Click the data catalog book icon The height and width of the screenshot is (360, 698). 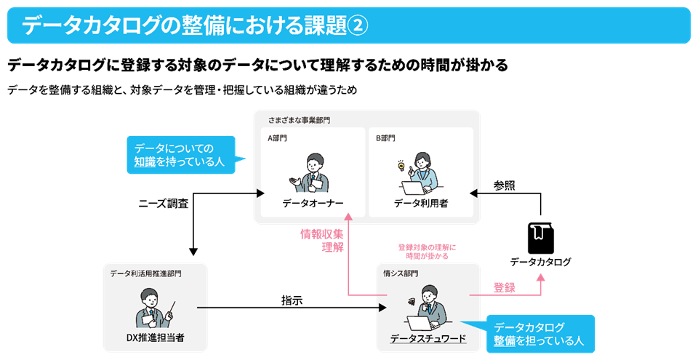(539, 237)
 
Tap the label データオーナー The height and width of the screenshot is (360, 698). (313, 203)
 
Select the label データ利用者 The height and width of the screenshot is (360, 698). (421, 203)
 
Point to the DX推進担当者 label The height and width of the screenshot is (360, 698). (155, 337)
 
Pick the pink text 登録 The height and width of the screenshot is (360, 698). (504, 287)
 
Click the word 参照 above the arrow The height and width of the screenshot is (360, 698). (504, 185)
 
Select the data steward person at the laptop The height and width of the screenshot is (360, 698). (428, 309)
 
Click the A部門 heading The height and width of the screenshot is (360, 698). (278, 138)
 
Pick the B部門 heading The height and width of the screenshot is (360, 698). (387, 138)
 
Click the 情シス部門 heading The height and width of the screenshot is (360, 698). (401, 273)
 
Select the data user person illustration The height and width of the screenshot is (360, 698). (422, 172)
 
